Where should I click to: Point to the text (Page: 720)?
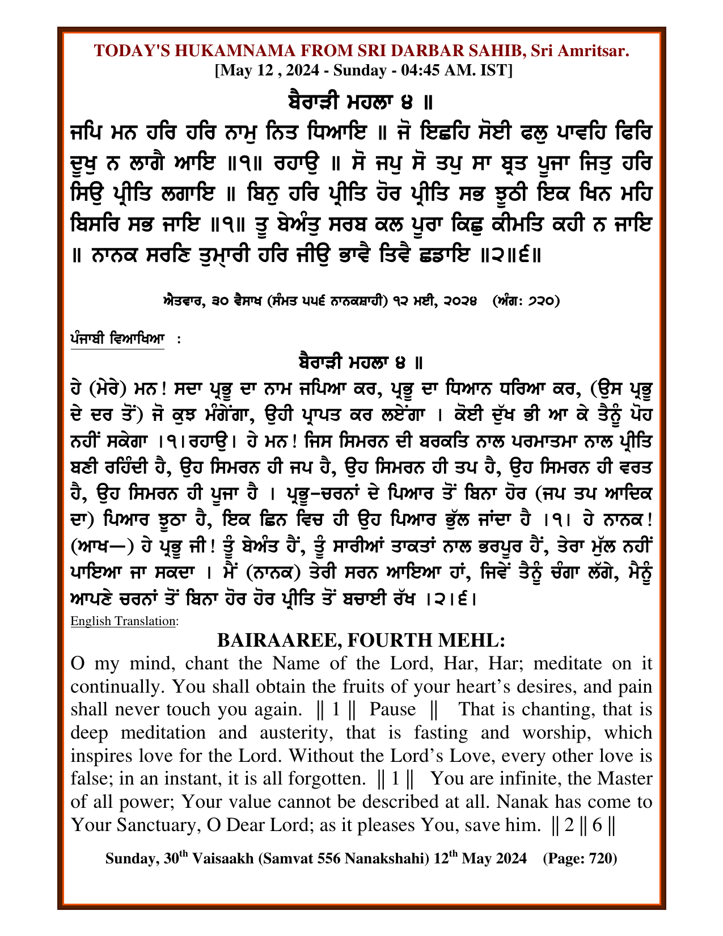pyautogui.click(x=580, y=859)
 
